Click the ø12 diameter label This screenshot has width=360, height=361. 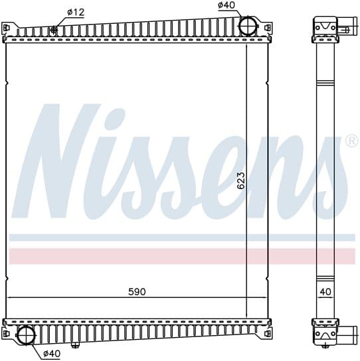(76, 12)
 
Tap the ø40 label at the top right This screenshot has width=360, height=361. (226, 5)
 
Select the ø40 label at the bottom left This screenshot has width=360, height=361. (52, 354)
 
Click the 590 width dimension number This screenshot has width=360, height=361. (137, 292)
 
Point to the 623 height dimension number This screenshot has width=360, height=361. (241, 180)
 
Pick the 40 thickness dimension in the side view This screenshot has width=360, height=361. (325, 292)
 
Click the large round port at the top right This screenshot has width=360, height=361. (248, 26)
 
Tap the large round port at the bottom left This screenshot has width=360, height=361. (27, 335)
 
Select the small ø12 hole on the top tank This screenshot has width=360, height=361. (54, 29)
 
